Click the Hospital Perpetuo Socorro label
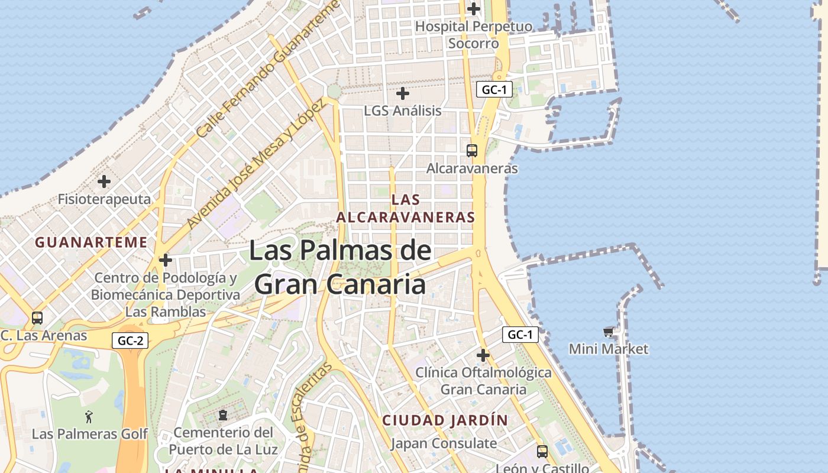click(473, 35)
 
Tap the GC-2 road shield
click(130, 341)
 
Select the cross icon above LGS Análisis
click(403, 93)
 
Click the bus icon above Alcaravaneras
click(471, 150)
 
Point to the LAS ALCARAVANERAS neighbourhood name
click(406, 208)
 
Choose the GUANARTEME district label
click(91, 242)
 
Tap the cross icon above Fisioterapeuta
click(104, 181)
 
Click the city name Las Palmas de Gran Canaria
click(340, 267)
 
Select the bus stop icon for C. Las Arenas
click(37, 318)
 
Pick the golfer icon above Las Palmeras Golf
click(89, 416)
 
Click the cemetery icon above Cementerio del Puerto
click(223, 415)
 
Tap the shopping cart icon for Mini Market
click(608, 332)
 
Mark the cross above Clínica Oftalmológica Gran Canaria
click(483, 355)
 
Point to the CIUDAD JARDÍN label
click(445, 420)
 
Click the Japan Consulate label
click(444, 443)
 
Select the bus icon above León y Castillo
click(542, 451)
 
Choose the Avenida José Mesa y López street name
click(255, 164)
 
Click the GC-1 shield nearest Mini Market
click(520, 335)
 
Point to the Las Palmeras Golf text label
click(89, 434)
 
